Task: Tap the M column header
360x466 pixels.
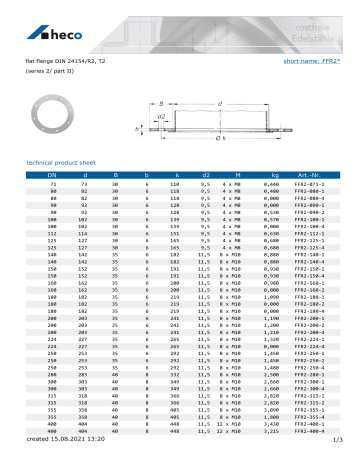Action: pos(229,175)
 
